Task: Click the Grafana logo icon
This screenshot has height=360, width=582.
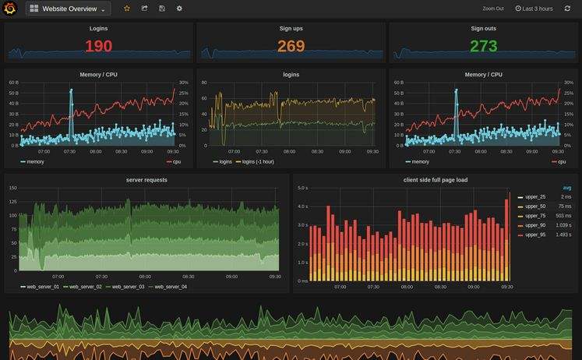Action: tap(11, 9)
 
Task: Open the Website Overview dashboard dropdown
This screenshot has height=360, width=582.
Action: tap(69, 9)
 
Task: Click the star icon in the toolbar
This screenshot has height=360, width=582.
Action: tap(127, 9)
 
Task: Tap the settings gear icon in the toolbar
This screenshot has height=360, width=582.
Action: tap(179, 9)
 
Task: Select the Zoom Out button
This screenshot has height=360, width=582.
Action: tap(493, 9)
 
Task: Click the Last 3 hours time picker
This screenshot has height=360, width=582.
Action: tap(534, 9)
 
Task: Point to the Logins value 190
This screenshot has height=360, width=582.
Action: tap(99, 46)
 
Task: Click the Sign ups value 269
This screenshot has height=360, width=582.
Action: tap(291, 46)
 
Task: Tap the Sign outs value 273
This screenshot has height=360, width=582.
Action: tap(483, 46)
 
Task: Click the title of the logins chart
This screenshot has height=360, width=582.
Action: tap(291, 75)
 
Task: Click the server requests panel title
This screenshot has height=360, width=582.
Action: tap(146, 180)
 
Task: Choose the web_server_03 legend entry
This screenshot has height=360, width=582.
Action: tap(125, 287)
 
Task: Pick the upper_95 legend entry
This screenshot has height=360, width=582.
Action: tap(535, 235)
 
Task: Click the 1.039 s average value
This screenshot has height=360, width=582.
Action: tap(563, 225)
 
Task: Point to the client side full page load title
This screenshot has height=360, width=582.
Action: tap(435, 180)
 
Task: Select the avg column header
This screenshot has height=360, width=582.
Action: tap(567, 188)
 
